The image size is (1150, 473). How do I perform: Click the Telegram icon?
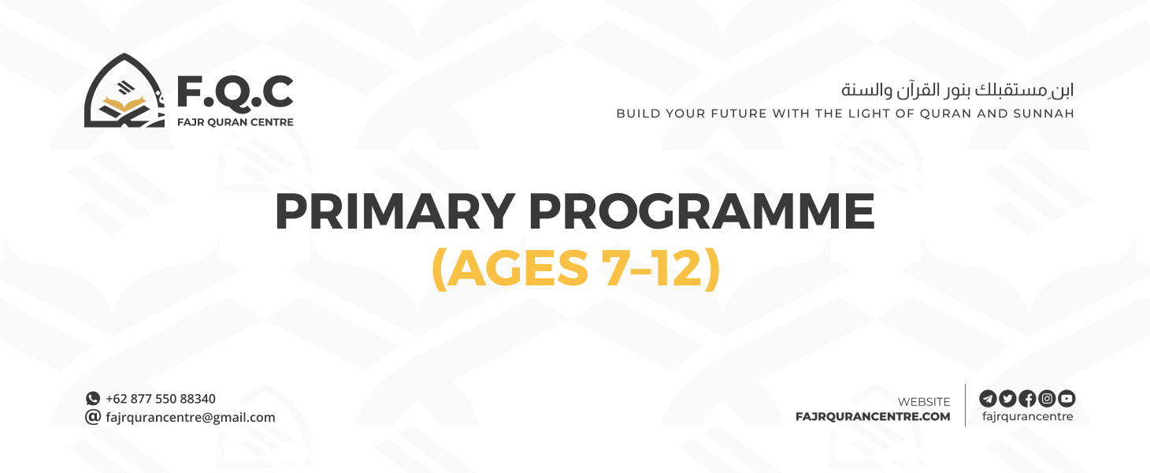pyautogui.click(x=988, y=398)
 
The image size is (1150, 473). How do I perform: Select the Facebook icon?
pyautogui.click(x=1027, y=398)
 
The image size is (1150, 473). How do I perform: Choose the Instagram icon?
pyautogui.click(x=1047, y=398)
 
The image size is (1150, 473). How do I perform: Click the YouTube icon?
pyautogui.click(x=1067, y=398)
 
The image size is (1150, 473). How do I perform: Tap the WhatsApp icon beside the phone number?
pyautogui.click(x=93, y=399)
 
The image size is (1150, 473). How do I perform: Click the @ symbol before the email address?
pyautogui.click(x=93, y=417)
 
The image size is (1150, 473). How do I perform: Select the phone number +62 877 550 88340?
pyautogui.click(x=161, y=399)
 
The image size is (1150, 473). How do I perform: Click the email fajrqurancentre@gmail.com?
pyautogui.click(x=191, y=418)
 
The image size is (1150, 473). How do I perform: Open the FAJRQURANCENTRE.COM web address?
pyautogui.click(x=873, y=417)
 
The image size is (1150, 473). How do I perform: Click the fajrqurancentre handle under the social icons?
pyautogui.click(x=1027, y=417)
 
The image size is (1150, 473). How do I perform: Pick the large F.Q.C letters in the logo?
pyautogui.click(x=235, y=93)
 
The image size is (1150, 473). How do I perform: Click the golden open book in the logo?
pyautogui.click(x=126, y=105)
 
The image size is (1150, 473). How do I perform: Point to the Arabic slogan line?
pyautogui.click(x=957, y=89)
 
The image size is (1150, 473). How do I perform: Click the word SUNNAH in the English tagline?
pyautogui.click(x=1044, y=114)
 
